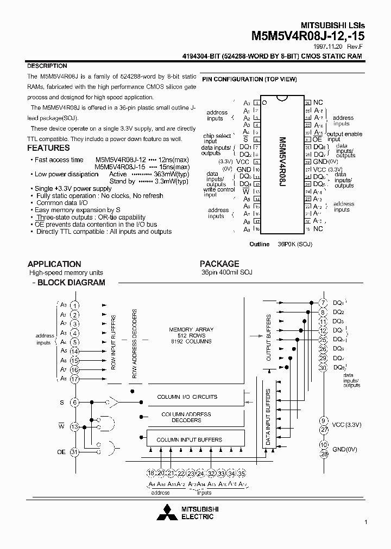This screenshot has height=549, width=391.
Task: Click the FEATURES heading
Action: click(48, 148)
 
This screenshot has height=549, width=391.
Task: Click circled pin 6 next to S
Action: click(75, 402)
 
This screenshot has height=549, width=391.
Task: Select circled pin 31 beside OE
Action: click(75, 452)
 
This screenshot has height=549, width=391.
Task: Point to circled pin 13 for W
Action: click(75, 426)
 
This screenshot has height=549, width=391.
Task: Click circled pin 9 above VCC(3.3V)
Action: click(324, 420)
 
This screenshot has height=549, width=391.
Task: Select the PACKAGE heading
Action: click(219, 264)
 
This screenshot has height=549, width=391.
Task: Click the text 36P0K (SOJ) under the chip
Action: click(295, 244)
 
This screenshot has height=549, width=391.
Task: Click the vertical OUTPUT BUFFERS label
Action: click(268, 337)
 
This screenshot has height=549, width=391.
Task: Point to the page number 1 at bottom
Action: click(366, 522)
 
